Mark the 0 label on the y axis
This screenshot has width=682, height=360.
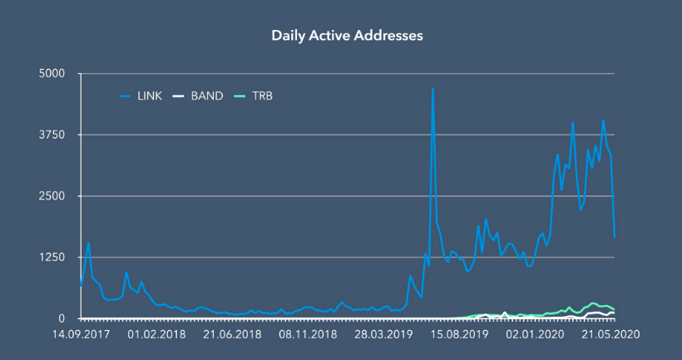pos(60,318)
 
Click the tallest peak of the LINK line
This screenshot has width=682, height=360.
pos(432,88)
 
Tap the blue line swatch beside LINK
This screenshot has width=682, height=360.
pos(126,96)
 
